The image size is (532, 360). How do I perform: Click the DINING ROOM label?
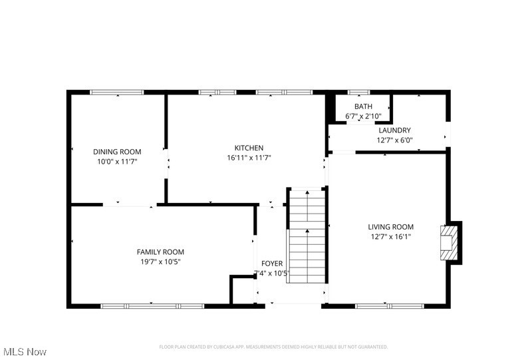point(117,152)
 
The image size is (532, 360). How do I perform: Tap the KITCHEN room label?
point(249,148)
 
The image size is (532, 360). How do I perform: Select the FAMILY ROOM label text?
point(160,252)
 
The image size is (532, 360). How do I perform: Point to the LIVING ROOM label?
point(391,227)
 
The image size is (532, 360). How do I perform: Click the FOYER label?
point(272,264)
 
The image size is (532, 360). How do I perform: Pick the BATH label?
point(363,106)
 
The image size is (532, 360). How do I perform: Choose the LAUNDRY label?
point(395,130)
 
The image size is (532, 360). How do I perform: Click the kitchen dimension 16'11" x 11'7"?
point(249,158)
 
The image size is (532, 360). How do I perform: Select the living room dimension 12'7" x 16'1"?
point(391,237)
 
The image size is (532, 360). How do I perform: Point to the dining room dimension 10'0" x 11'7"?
point(117,161)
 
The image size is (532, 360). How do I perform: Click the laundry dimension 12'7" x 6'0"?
point(395,140)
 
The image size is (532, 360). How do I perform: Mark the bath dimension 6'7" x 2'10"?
point(363,116)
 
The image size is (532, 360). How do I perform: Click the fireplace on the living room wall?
point(450,242)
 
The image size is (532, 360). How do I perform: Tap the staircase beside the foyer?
point(307,236)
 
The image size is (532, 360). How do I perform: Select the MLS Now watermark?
point(25,351)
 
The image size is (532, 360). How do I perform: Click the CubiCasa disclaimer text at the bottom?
point(273,347)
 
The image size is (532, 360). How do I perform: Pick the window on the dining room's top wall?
point(117,92)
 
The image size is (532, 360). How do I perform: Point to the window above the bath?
point(360,92)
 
